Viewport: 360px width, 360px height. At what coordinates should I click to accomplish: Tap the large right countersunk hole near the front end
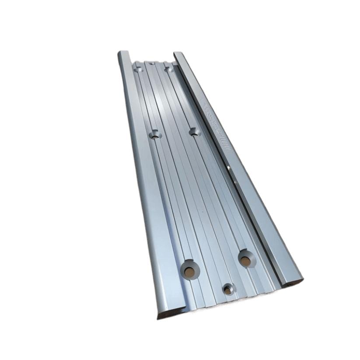tap(246, 259)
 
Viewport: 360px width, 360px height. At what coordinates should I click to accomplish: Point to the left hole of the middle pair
tap(154, 135)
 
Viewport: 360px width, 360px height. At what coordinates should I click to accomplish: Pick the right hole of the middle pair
tap(194, 131)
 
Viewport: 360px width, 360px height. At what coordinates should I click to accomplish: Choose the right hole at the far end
tap(168, 69)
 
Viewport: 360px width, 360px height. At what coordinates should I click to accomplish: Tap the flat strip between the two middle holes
tap(174, 133)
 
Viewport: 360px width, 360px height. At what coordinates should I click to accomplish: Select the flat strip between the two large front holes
tap(218, 265)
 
